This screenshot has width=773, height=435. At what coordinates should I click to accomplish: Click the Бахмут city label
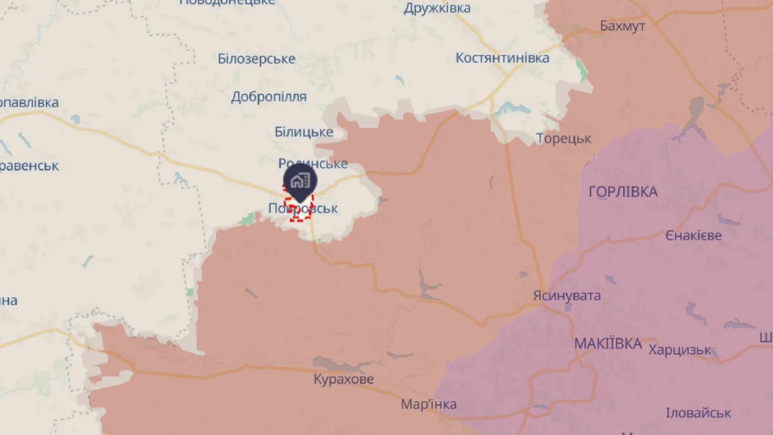tap(622, 26)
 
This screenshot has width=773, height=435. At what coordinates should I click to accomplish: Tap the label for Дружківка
tap(437, 8)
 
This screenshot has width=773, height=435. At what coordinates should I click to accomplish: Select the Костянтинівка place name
tap(502, 58)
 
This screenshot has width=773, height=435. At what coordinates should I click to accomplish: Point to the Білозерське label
tap(256, 59)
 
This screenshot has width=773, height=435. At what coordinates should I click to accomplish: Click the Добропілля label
tap(269, 97)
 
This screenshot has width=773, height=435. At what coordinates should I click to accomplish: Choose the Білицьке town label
tap(304, 132)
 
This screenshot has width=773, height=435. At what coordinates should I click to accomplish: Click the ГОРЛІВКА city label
tap(623, 192)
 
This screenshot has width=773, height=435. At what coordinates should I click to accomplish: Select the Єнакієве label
tap(693, 236)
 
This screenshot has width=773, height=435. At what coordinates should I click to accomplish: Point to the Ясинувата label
tap(567, 296)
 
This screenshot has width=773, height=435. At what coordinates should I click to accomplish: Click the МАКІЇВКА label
tap(608, 344)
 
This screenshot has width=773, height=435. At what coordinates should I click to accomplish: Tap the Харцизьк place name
tap(680, 350)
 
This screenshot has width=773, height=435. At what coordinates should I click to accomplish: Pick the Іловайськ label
tap(698, 413)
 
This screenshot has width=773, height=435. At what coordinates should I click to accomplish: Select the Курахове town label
tap(343, 379)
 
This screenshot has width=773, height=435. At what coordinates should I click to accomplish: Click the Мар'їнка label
tap(428, 404)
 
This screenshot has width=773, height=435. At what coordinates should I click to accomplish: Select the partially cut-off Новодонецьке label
tap(227, 2)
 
